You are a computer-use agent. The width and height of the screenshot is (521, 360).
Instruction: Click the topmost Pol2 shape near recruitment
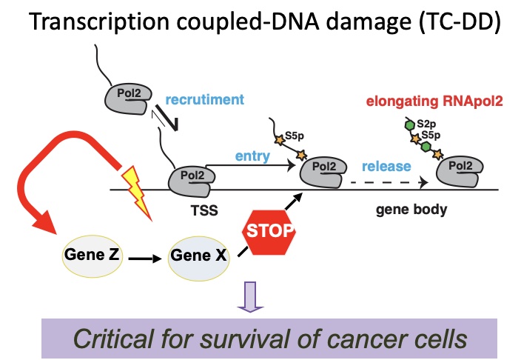[132, 96]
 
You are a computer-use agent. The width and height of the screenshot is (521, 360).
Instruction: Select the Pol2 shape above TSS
[192, 178]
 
